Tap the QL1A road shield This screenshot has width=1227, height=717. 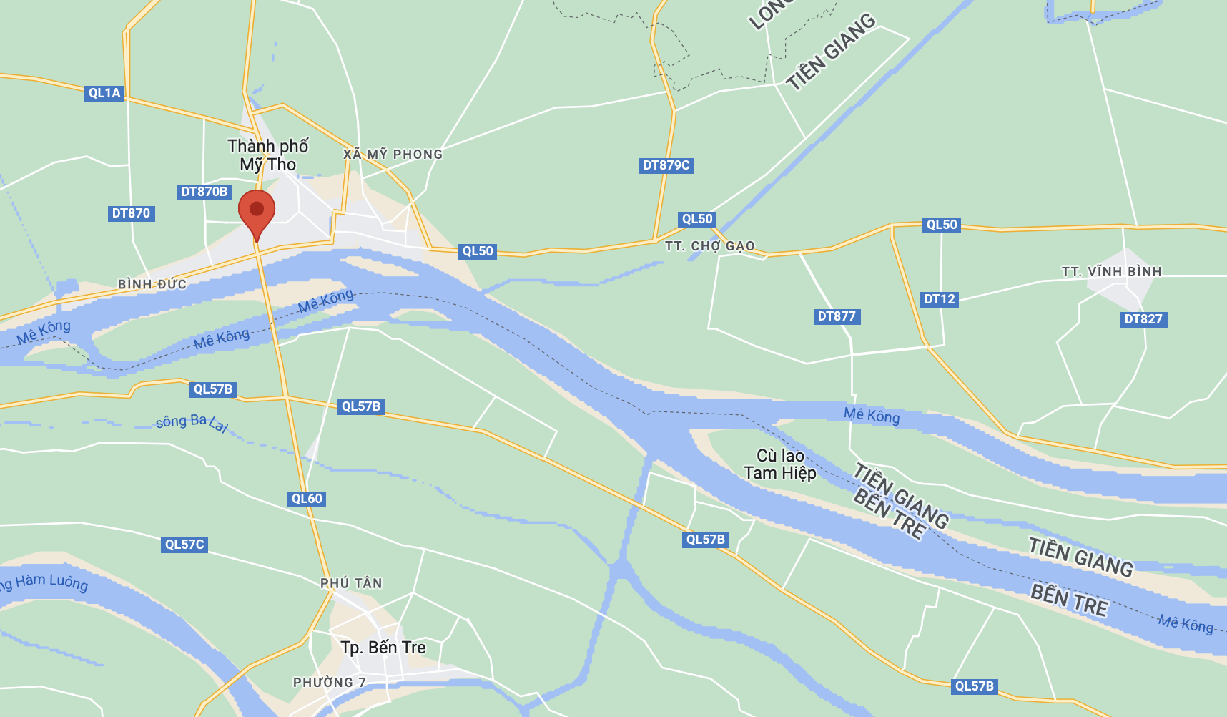pyautogui.click(x=104, y=93)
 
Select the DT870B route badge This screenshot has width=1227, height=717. pyautogui.click(x=204, y=192)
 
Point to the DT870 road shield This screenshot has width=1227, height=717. pyautogui.click(x=131, y=213)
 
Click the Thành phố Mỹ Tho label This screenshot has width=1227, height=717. pyautogui.click(x=268, y=155)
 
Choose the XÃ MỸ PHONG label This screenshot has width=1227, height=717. pyautogui.click(x=393, y=155)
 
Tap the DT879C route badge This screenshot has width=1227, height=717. pyautogui.click(x=666, y=165)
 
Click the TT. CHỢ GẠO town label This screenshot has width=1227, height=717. pyautogui.click(x=709, y=246)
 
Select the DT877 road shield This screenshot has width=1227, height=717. pyautogui.click(x=837, y=316)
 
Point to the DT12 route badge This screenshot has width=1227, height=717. pyautogui.click(x=940, y=299)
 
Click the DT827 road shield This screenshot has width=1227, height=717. pyautogui.click(x=1143, y=319)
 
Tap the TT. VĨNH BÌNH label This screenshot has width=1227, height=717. pyautogui.click(x=1111, y=272)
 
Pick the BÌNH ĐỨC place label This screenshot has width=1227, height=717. pyautogui.click(x=152, y=284)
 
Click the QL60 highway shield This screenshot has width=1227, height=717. pyautogui.click(x=307, y=499)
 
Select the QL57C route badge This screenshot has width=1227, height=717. pyautogui.click(x=184, y=545)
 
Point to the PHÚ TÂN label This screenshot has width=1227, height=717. pyautogui.click(x=351, y=583)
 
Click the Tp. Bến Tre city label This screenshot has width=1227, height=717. pyautogui.click(x=383, y=648)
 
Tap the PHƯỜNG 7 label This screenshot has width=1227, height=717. pyautogui.click(x=329, y=683)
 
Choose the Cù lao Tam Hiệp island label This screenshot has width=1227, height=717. pyautogui.click(x=780, y=464)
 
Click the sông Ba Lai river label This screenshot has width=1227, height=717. pyautogui.click(x=192, y=422)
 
